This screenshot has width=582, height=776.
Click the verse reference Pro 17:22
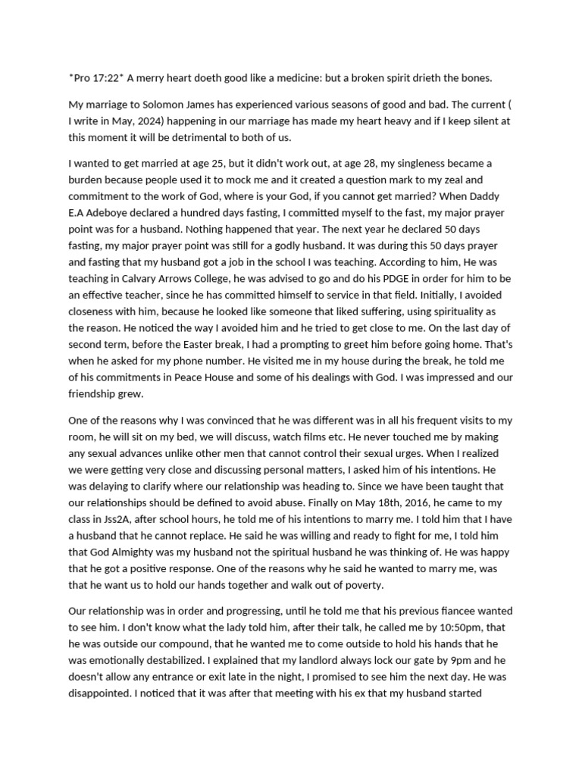coord(95,78)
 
